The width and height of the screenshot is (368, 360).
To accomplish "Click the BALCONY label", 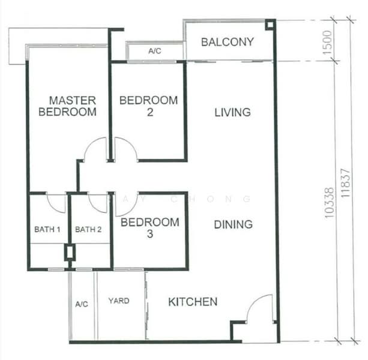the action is pyautogui.click(x=228, y=42).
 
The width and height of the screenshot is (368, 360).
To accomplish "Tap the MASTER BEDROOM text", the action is pyautogui.click(x=68, y=106).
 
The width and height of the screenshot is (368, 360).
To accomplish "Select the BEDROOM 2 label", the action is pyautogui.click(x=148, y=106).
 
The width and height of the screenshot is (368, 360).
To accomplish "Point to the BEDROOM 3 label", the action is pyautogui.click(x=150, y=228).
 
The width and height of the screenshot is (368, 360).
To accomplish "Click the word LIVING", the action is pyautogui.click(x=232, y=112).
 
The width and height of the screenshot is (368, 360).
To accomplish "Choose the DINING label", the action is pyautogui.click(x=234, y=224).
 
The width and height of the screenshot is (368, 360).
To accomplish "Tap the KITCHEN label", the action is pyautogui.click(x=193, y=302).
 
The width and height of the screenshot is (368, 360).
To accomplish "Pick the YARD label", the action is pyautogui.click(x=119, y=301).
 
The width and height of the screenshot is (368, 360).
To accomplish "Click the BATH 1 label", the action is pyautogui.click(x=47, y=229).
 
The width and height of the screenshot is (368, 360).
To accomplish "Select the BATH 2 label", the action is pyautogui.click(x=88, y=229).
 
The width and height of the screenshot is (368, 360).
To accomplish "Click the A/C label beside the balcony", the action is pyautogui.click(x=155, y=51).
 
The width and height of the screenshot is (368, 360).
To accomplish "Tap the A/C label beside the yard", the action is pyautogui.click(x=82, y=304).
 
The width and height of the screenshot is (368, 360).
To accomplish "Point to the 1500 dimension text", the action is pyautogui.click(x=327, y=43).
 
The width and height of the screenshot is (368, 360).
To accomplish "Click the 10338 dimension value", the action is pyautogui.click(x=329, y=203).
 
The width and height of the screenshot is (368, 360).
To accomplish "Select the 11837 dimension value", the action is pyautogui.click(x=345, y=183).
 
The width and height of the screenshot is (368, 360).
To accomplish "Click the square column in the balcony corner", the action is pyautogui.click(x=270, y=25).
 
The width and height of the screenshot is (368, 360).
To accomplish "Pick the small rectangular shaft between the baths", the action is pyautogui.click(x=70, y=253).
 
